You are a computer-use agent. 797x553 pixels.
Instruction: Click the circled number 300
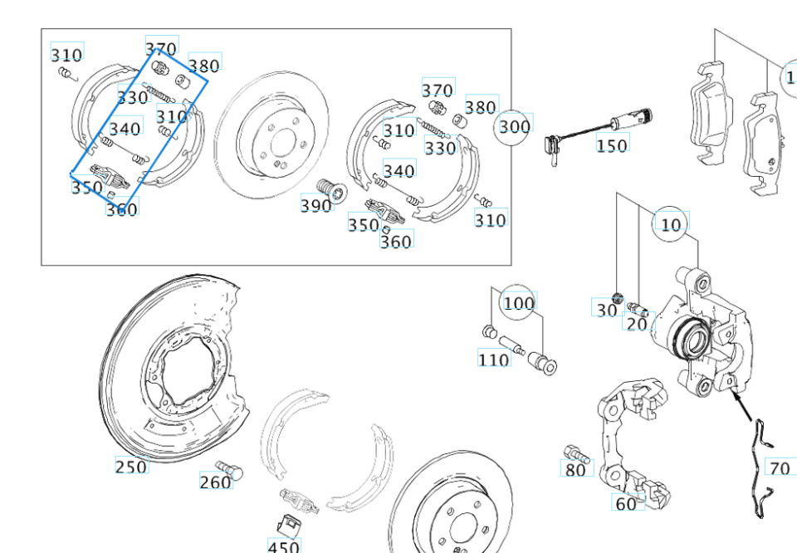tap(514, 127)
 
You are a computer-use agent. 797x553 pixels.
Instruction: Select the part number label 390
tap(315, 205)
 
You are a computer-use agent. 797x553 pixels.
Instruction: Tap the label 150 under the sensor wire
tap(612, 145)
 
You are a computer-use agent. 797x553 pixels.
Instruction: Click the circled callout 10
tap(671, 224)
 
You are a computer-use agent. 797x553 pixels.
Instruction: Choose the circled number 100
tap(519, 303)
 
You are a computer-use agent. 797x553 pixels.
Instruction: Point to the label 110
tap(493, 360)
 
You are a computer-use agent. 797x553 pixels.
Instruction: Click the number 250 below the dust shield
tap(131, 467)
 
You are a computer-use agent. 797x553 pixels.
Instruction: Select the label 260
tap(215, 482)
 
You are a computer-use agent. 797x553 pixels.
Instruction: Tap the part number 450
tap(284, 546)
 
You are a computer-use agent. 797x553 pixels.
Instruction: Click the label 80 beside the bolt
tap(575, 471)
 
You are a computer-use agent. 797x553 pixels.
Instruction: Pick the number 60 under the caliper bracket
tap(625, 503)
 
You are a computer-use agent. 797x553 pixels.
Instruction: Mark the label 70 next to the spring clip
tap(780, 469)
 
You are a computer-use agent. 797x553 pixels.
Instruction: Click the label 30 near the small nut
tap(607, 310)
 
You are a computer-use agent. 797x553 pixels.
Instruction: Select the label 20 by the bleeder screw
tap(637, 324)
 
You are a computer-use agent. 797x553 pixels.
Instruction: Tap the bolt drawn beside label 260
tap(230, 469)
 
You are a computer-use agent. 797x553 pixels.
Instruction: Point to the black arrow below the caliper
tap(744, 407)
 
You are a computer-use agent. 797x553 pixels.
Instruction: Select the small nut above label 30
tap(618, 297)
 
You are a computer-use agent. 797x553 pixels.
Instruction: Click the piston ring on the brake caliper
tap(691, 337)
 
